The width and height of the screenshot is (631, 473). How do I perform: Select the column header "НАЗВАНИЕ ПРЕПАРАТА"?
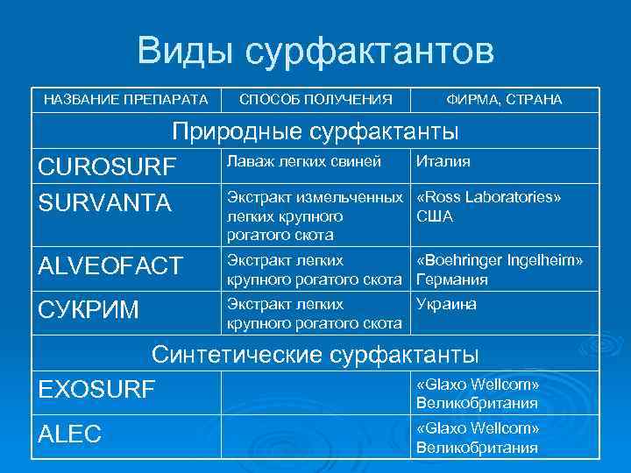click(126, 100)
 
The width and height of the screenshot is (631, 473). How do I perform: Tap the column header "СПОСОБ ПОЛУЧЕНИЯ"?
click(315, 100)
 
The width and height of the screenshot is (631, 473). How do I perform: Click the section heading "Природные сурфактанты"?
click(315, 131)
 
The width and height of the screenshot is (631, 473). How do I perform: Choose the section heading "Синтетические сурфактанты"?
click(315, 355)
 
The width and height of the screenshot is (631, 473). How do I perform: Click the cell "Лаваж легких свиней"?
click(304, 161)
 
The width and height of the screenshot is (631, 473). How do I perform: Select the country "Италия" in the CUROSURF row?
click(443, 161)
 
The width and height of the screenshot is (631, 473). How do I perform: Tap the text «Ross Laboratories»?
click(488, 197)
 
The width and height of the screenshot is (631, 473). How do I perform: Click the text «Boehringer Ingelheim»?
click(500, 261)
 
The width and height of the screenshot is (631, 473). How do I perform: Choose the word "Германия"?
click(451, 280)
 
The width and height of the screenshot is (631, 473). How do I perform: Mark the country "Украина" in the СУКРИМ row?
click(446, 304)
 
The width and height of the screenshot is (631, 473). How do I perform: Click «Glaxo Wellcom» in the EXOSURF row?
click(477, 385)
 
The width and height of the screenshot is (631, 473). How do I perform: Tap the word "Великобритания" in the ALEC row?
click(477, 448)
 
